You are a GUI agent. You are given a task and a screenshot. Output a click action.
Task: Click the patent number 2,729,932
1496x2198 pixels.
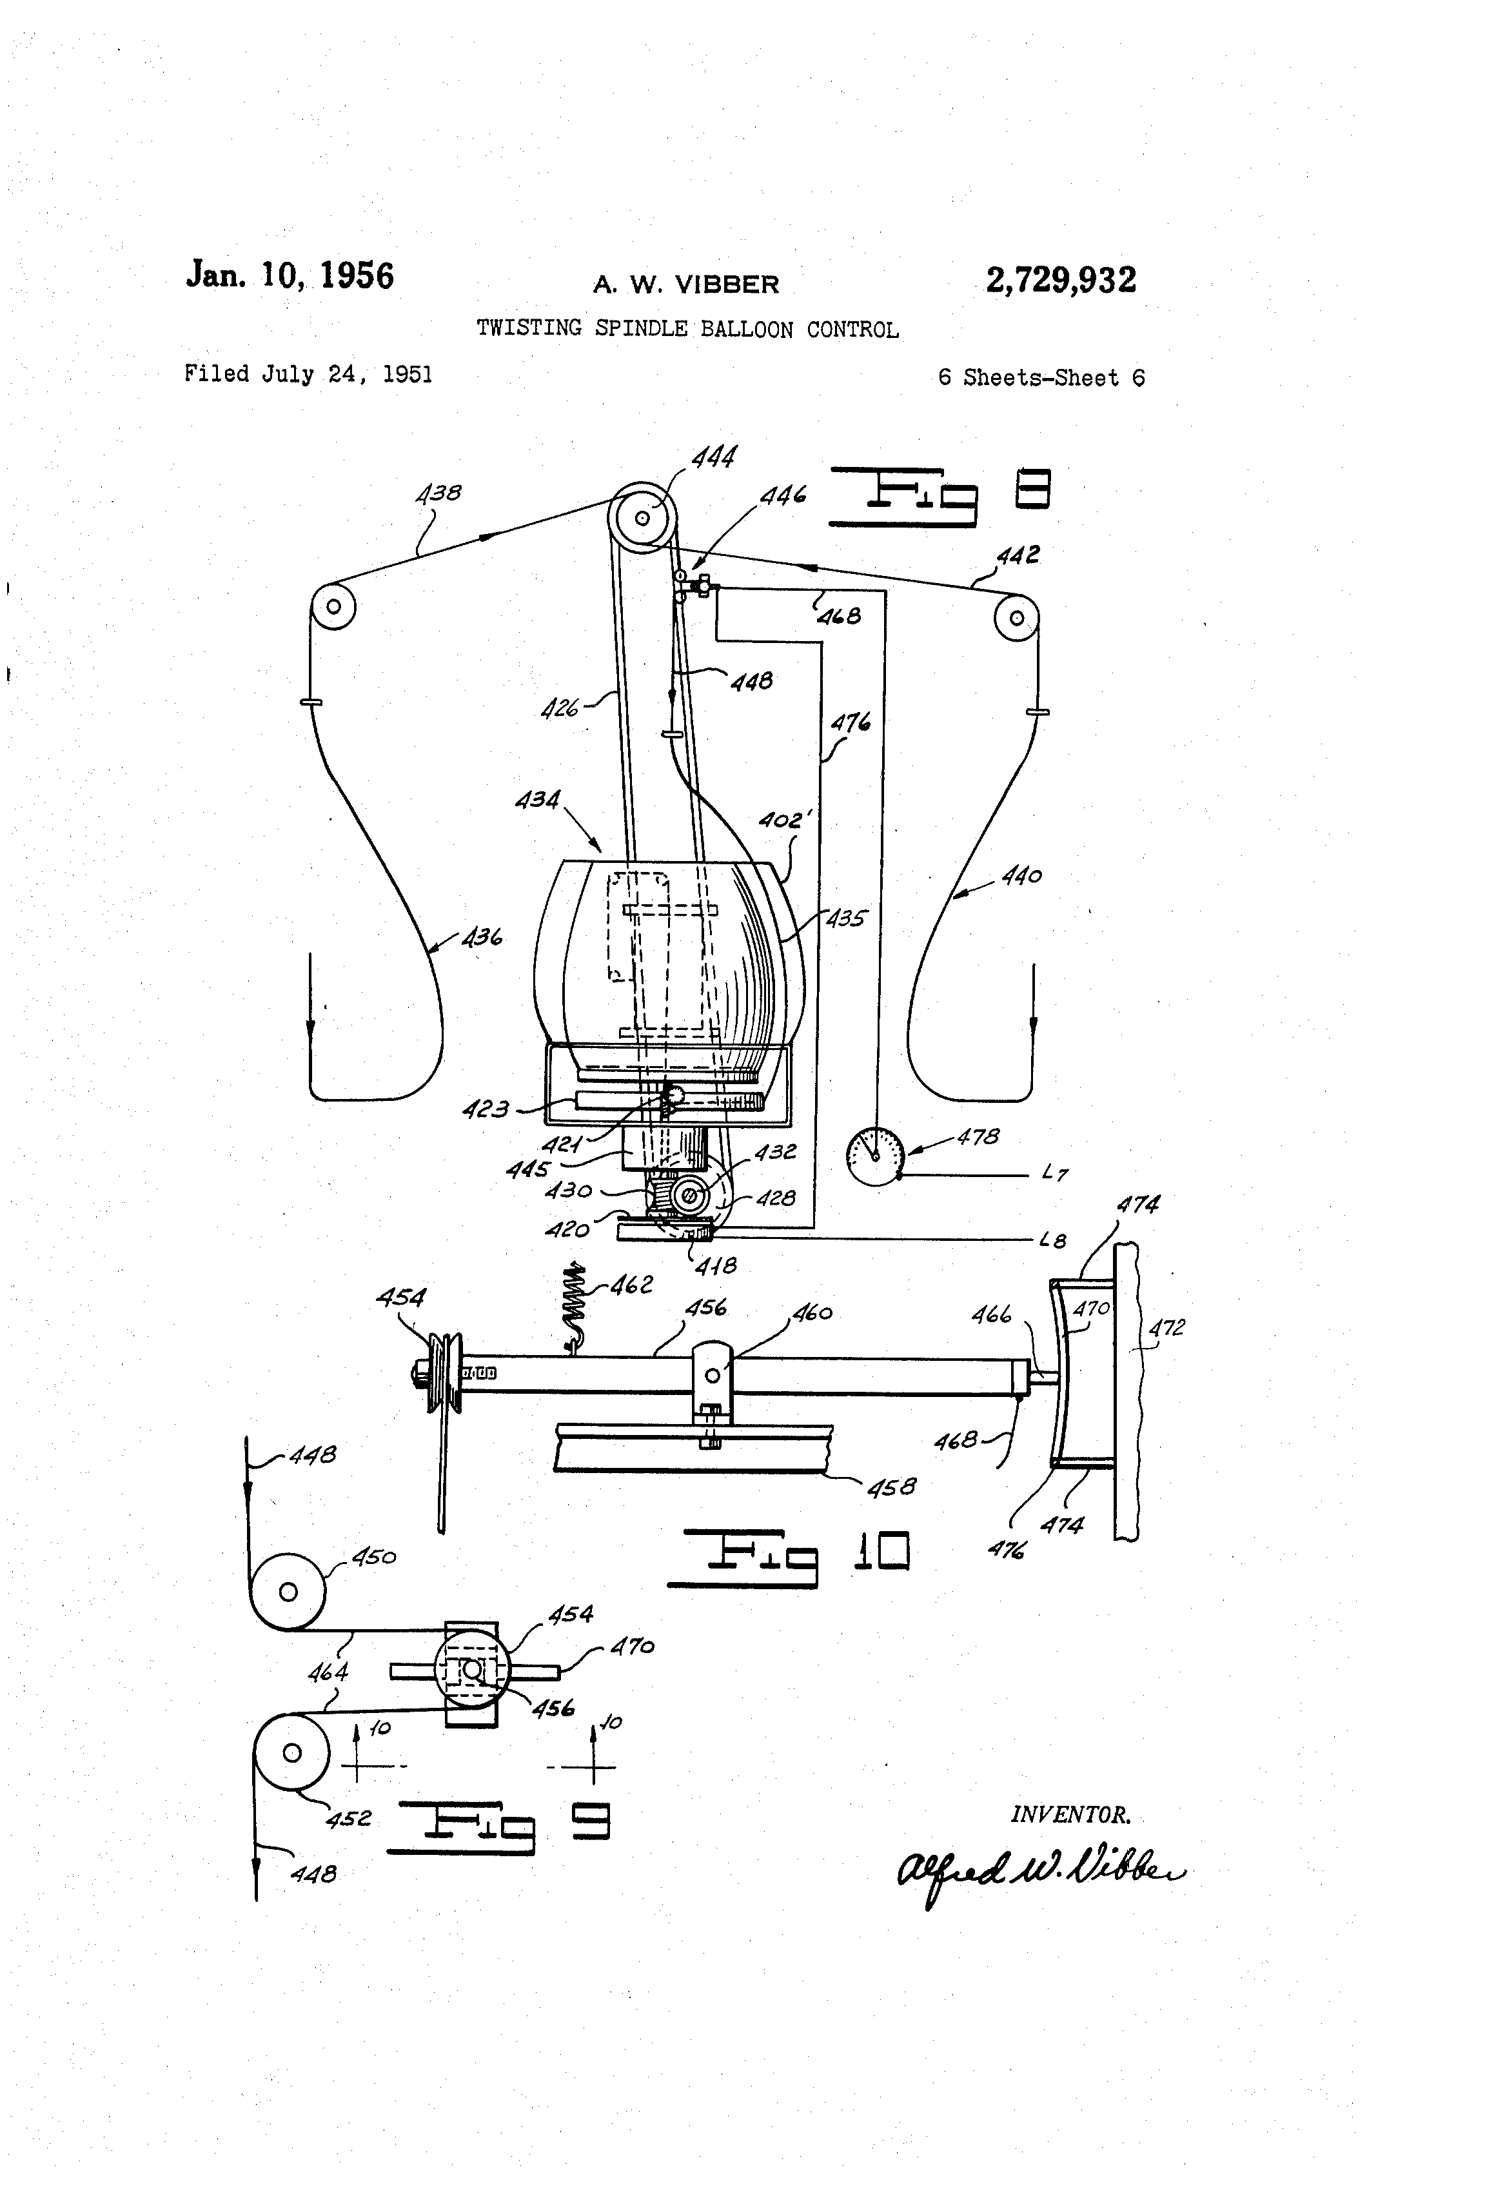tap(1060, 280)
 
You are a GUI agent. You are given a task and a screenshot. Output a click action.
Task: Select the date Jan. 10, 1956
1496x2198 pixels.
tap(290, 275)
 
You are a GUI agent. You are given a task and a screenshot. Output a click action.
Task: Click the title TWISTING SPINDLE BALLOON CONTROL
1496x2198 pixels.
tap(687, 329)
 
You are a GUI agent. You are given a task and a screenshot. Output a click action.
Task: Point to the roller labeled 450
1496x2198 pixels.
tap(288, 1592)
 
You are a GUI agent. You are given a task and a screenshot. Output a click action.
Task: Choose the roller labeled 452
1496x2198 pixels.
tap(292, 1752)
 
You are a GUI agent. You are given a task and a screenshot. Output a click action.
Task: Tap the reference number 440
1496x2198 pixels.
tap(1021, 876)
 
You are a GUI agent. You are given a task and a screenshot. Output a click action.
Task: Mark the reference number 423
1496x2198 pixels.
tap(485, 1109)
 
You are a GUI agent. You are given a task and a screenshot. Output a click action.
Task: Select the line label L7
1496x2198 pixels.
tap(1054, 1174)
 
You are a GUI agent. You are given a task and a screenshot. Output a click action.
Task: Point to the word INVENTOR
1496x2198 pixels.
tap(1070, 1815)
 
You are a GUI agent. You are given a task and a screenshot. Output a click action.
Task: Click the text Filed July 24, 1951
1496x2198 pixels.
tap(308, 375)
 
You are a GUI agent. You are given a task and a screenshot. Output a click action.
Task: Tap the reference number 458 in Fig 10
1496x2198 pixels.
tap(891, 1488)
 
